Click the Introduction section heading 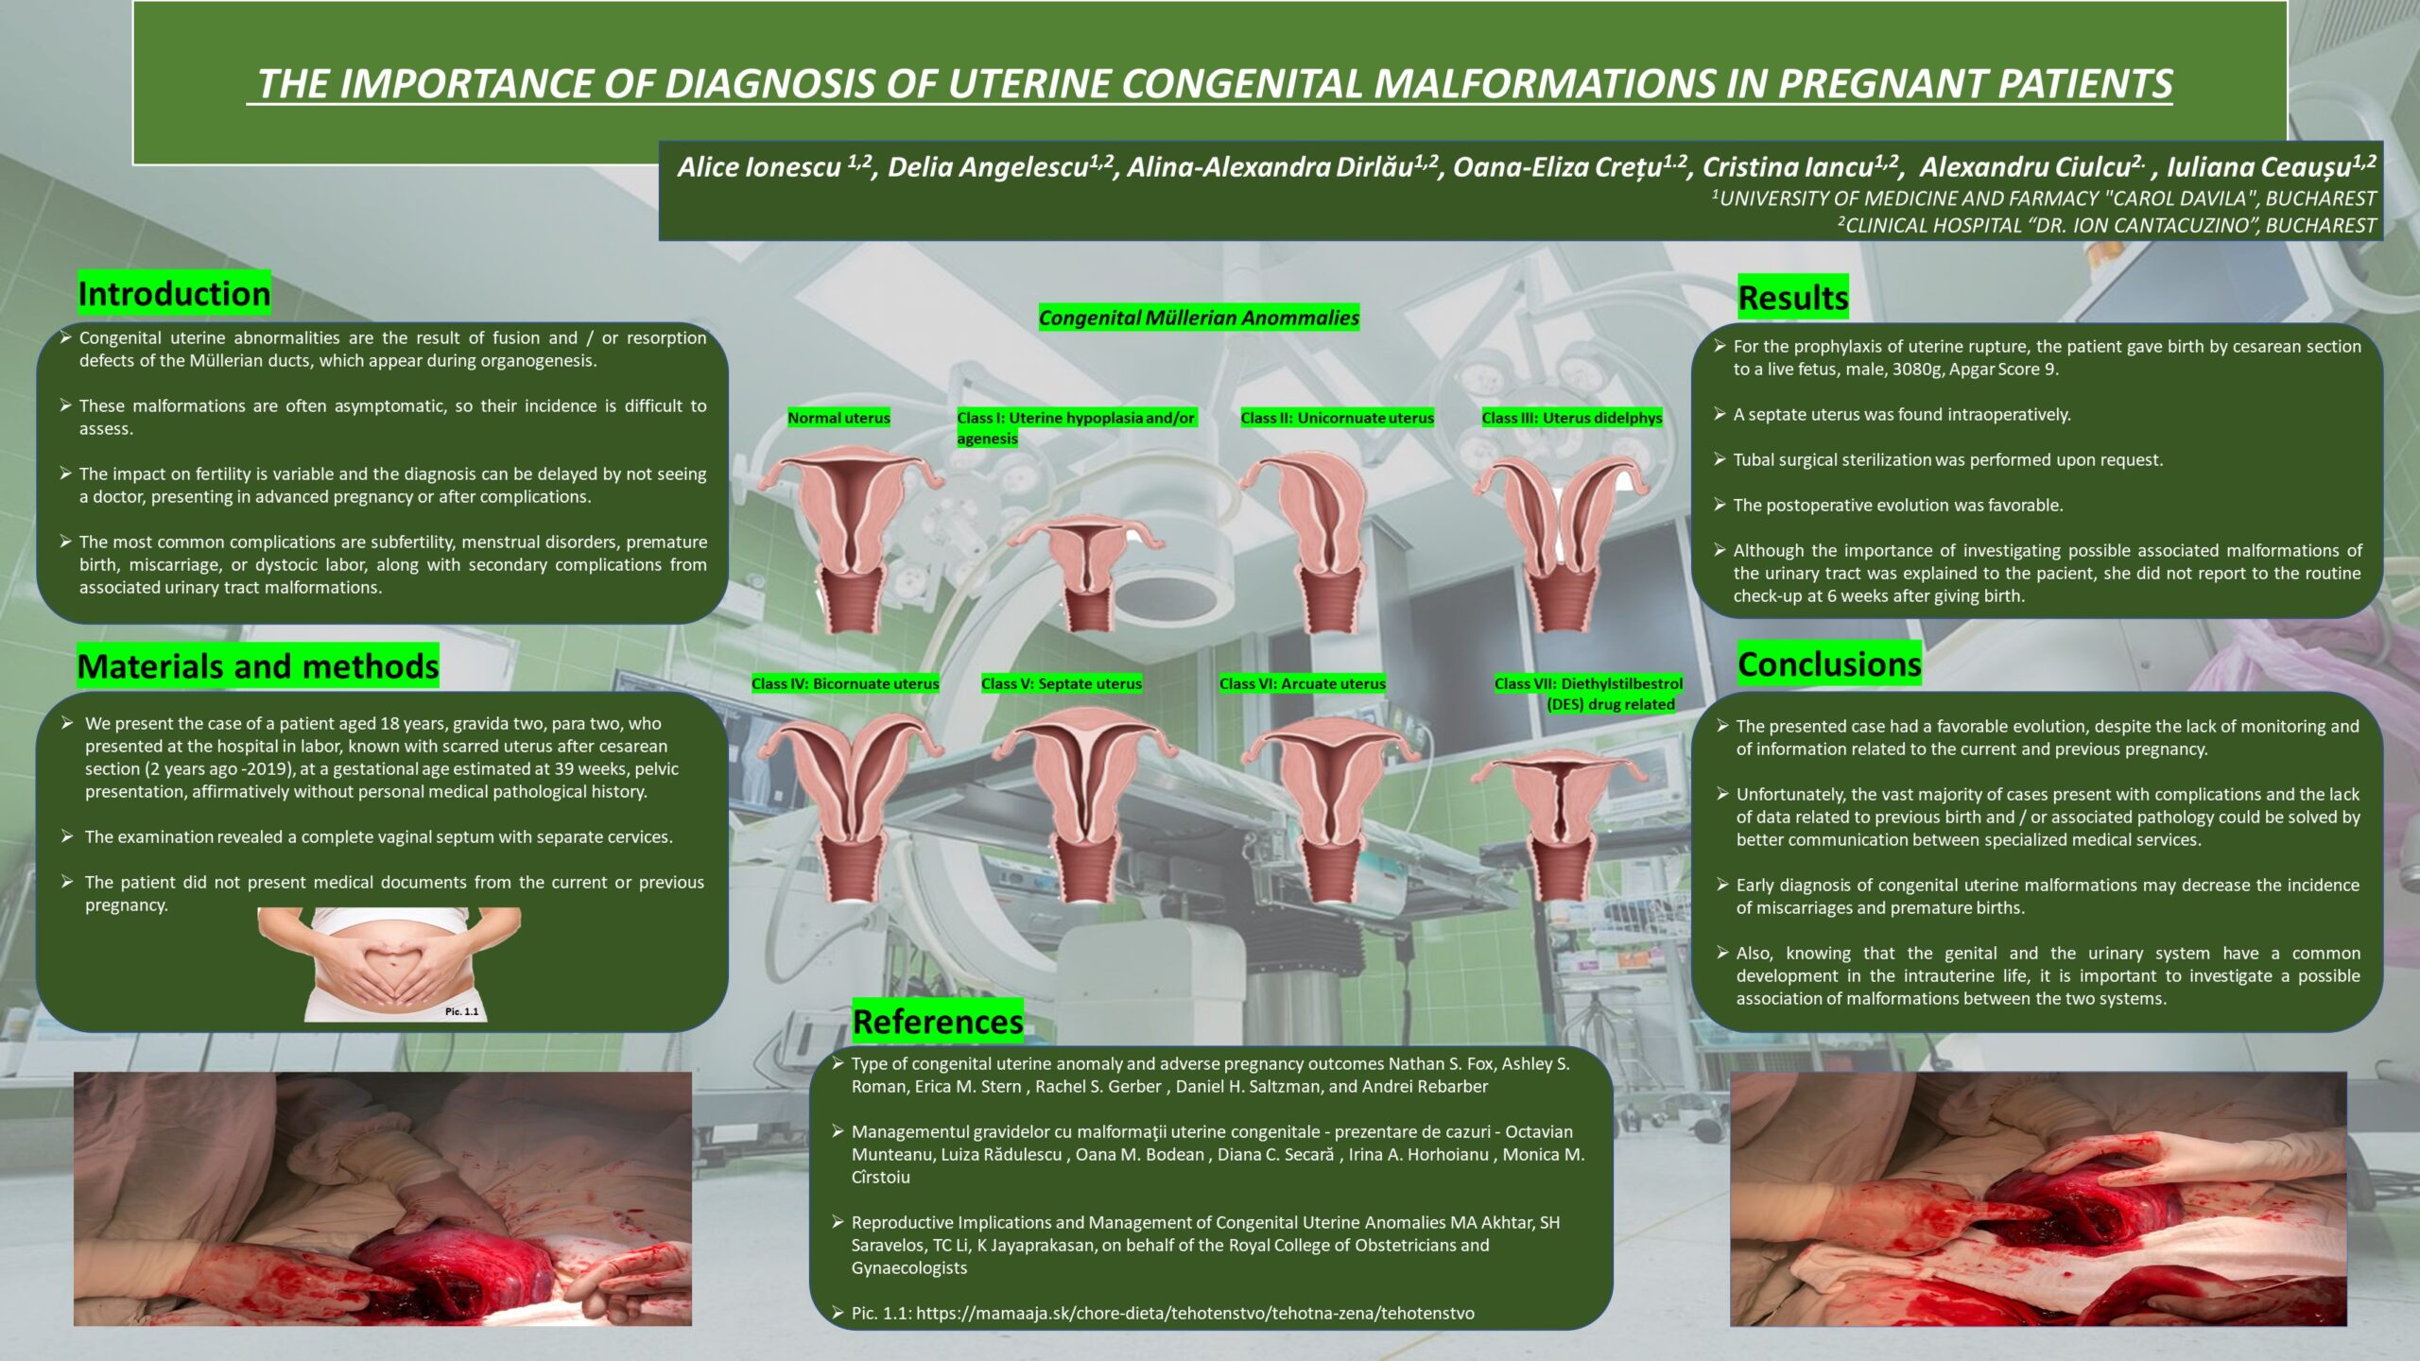point(174,294)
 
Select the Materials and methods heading point(258,666)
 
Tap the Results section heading point(1793,298)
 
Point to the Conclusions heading point(1829,664)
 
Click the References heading point(938,1022)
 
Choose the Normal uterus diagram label point(839,418)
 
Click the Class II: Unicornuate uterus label point(1338,418)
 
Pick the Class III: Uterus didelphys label point(1572,418)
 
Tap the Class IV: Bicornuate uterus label point(846,683)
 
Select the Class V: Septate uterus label point(1062,683)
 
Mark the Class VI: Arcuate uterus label point(1303,683)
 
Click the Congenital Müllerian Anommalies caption point(1200,318)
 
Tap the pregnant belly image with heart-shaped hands point(389,964)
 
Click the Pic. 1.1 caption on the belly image point(462,1011)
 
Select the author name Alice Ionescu point(759,167)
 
